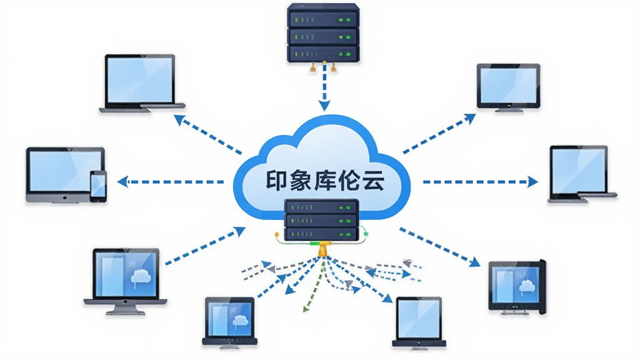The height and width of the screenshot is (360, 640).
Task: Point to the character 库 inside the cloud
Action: [324, 181]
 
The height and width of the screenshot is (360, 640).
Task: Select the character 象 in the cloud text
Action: [301, 181]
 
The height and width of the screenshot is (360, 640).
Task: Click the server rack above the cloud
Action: [323, 34]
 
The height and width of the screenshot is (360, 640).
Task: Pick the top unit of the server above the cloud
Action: [323, 16]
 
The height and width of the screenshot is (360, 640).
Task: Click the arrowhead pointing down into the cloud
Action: [324, 106]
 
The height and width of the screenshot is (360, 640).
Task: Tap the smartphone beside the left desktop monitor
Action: [98, 186]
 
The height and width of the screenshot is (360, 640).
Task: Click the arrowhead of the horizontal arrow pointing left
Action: [122, 182]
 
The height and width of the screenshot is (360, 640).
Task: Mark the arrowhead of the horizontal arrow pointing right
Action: [532, 182]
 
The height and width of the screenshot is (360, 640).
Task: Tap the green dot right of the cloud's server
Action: [366, 234]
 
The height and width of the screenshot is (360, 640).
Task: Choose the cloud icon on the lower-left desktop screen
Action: [141, 277]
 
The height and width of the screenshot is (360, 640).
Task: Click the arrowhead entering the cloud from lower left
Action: [239, 232]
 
